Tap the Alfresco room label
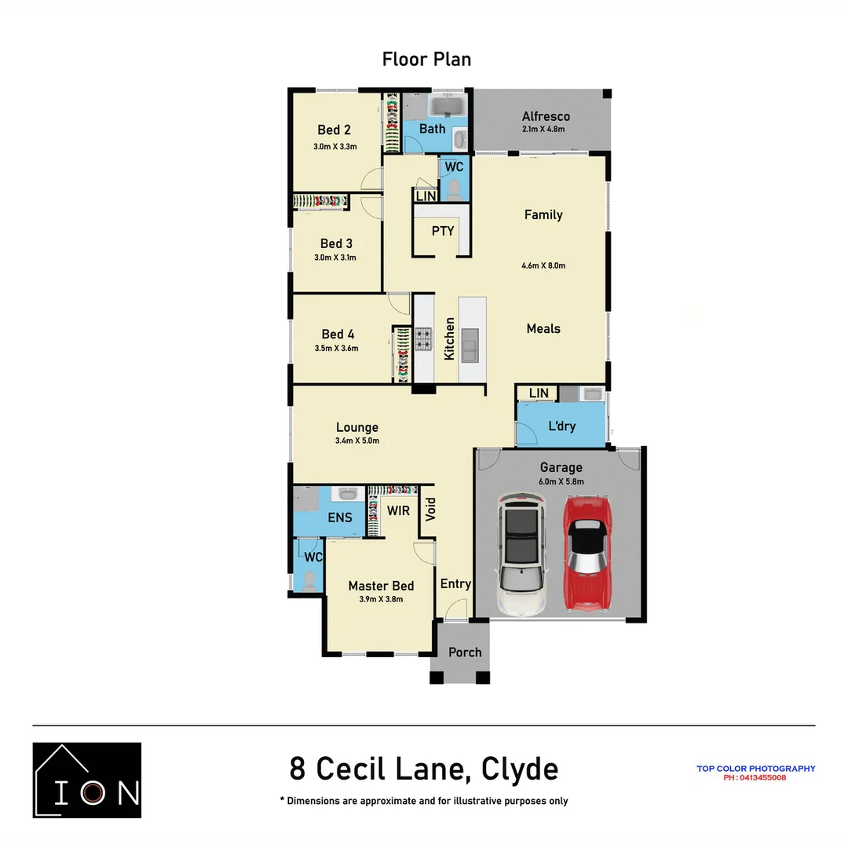546,116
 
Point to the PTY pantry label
443,231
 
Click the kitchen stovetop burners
424,339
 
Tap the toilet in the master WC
309,580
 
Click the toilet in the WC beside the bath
454,188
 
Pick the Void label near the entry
430,510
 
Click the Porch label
465,652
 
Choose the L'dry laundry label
561,426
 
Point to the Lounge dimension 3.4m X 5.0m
357,441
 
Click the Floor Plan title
426,59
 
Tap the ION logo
87,780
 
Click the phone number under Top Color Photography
755,778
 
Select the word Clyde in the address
519,769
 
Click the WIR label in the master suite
398,510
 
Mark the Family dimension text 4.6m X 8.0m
543,265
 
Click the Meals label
543,328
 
